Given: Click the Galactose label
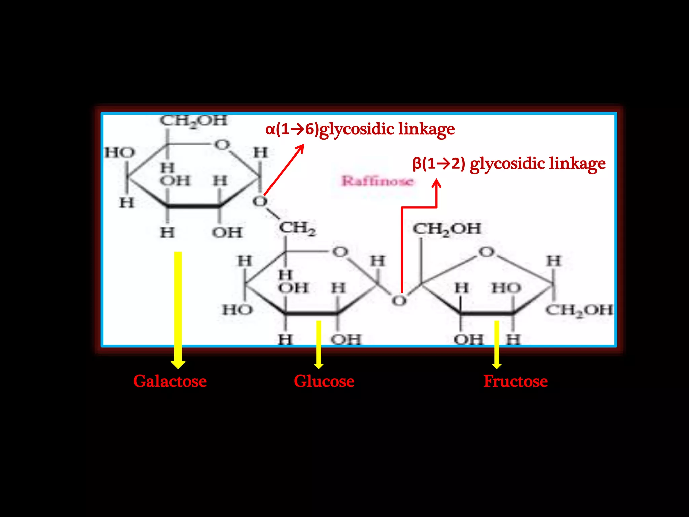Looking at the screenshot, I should pos(170,381).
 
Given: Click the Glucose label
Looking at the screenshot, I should pos(324,381).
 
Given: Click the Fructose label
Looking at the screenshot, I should pos(515,381).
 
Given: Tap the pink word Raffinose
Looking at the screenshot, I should pos(377,181).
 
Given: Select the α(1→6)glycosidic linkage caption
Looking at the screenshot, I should pos(360,129).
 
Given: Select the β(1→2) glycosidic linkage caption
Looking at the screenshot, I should pos(509,164).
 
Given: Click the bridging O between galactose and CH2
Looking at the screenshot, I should pos(260,202).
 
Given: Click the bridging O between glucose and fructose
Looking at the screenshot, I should pos(399,301).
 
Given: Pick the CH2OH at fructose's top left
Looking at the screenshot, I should pos(447,229).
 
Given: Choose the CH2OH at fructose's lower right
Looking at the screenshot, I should pos(579,310).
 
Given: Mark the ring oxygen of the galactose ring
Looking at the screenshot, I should pos(222,145).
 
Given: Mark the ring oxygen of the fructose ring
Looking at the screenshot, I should pos(486,252).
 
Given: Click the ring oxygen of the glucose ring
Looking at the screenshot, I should pos(340,252).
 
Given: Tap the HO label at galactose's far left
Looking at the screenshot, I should pos(119,153).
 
